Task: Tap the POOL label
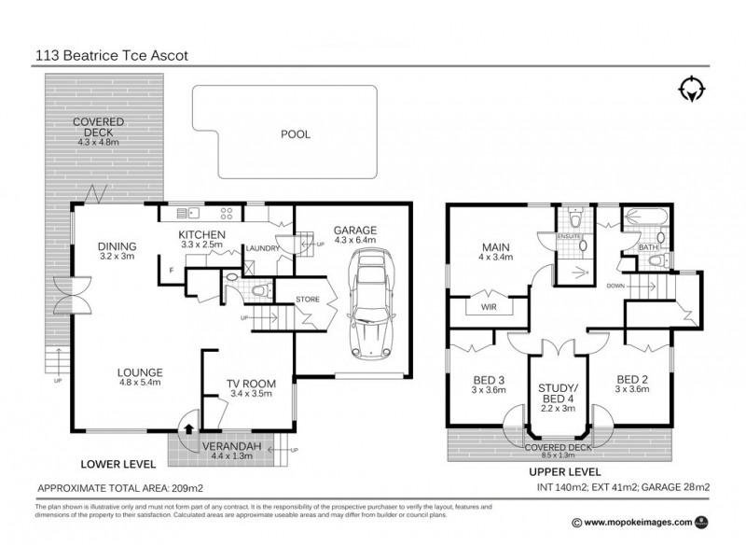(295, 133)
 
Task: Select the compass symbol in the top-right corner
(691, 90)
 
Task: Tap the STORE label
(308, 300)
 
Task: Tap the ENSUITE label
(569, 237)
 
